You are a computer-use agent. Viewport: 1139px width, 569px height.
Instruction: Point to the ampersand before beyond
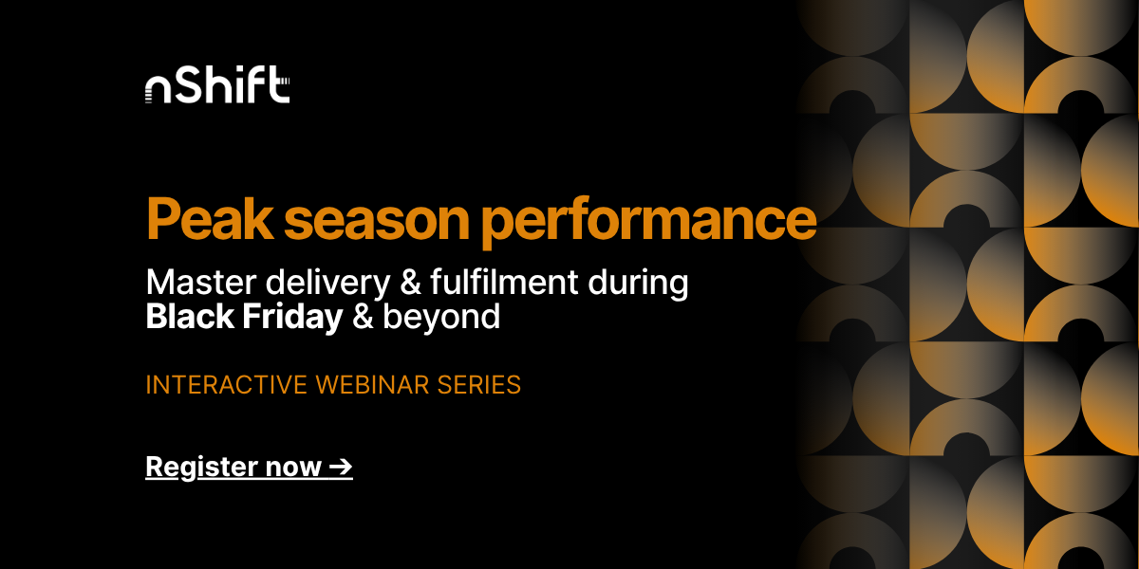[364, 317]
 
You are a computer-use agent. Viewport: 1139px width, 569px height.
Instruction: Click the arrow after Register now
[340, 467]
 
